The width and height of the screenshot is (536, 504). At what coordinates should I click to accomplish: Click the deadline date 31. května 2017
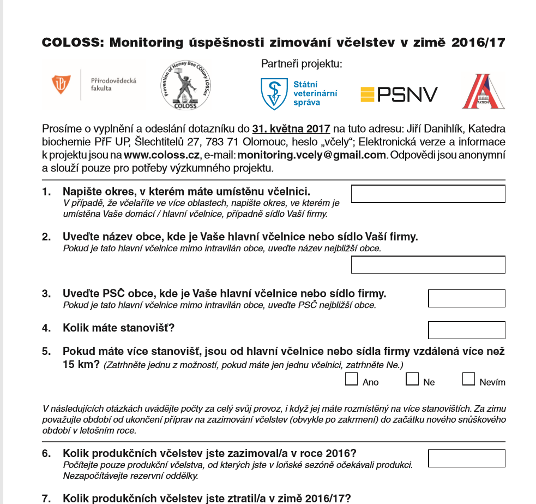coord(291,129)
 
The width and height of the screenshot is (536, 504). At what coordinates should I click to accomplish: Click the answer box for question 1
coord(428,194)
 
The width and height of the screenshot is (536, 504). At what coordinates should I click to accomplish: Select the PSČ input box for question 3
coord(467,298)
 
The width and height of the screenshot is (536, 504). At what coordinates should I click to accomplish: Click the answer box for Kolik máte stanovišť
coord(467,330)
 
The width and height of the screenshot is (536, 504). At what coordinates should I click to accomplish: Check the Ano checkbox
coord(352,380)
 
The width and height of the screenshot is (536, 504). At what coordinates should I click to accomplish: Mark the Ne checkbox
coord(412,380)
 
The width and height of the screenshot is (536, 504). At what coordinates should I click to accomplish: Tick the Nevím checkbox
coord(468,380)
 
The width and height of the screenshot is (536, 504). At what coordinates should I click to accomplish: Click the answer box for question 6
coord(467,458)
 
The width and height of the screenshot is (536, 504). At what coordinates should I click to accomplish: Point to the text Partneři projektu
coord(302,64)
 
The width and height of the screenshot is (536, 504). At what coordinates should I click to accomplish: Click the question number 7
coord(46,497)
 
